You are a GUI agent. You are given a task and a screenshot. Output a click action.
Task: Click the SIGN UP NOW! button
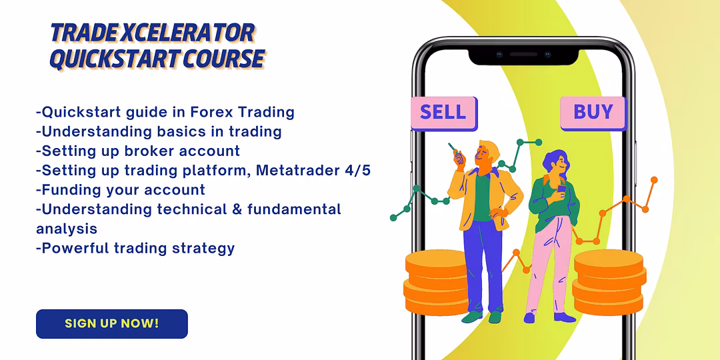pyautogui.click(x=112, y=324)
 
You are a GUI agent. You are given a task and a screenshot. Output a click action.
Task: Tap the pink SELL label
pyautogui.click(x=443, y=113)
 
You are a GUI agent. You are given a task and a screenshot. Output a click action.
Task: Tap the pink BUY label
pyautogui.click(x=593, y=113)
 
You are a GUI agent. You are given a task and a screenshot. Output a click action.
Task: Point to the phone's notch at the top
pyautogui.click(x=523, y=55)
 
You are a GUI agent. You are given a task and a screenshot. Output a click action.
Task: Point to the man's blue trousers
pyautogui.click(x=481, y=266)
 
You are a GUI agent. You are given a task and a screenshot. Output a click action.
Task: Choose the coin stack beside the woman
pyautogui.click(x=609, y=283)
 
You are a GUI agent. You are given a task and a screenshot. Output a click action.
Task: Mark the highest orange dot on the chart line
pyautogui.click(x=654, y=180)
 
